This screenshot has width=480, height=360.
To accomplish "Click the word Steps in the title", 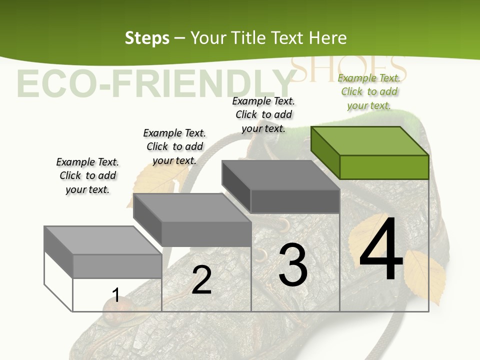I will click(147, 38).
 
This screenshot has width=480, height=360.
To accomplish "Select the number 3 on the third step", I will click(293, 264).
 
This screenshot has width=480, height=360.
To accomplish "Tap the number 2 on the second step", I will click(201, 280).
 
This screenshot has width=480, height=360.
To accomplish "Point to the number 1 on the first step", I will click(116, 295).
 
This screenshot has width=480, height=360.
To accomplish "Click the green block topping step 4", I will click(370, 152).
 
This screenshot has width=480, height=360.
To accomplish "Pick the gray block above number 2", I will click(192, 220).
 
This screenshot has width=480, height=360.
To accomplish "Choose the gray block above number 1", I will click(103, 251).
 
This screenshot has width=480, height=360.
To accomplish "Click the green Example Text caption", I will click(369, 91).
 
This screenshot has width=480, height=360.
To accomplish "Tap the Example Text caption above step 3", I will click(263, 114).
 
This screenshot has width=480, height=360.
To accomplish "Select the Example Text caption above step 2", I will click(174, 146).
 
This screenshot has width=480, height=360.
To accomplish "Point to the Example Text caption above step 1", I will click(87, 175).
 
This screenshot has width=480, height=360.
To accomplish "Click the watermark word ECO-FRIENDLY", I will click(155, 83).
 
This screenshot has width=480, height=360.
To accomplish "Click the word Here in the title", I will click(328, 38).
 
